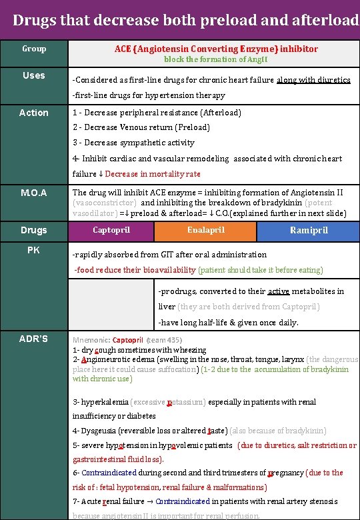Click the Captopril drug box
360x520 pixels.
coord(111,230)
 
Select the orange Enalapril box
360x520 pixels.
coord(205,230)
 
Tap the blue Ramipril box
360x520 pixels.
coord(308,230)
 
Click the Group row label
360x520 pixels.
coord(34,49)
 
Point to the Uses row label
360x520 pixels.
coord(34,75)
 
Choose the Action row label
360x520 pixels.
coord(34,113)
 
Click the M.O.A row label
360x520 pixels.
coord(34,193)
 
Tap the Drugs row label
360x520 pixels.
coord(34,230)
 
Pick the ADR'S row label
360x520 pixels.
coord(34,339)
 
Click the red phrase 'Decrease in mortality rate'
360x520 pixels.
coord(153,174)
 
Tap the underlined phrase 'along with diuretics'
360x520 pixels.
coord(313,80)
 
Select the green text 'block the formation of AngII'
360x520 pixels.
coord(215,60)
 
